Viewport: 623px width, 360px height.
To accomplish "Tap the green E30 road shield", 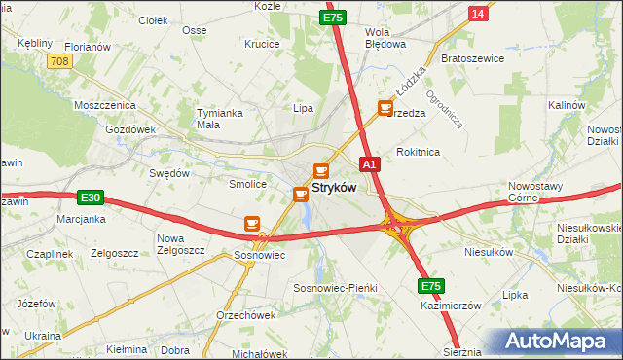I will (x=91, y=198).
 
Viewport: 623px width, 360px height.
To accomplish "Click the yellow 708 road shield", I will (x=59, y=61).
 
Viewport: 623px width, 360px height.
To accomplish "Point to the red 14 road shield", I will (x=477, y=13).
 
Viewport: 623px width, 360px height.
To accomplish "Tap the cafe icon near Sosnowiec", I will (x=252, y=224).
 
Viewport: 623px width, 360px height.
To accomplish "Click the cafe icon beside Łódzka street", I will (x=385, y=108).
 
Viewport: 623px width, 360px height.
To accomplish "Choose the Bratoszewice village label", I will (x=471, y=57).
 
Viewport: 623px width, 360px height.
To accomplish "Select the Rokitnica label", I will (x=420, y=152).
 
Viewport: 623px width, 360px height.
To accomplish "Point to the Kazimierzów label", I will (x=452, y=305).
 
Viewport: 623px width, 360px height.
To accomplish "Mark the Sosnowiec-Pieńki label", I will (x=335, y=289).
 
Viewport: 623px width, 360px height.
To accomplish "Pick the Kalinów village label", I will (x=566, y=104).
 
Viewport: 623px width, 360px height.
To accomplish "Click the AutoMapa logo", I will (x=562, y=341).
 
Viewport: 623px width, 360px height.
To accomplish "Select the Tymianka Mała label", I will (x=219, y=118).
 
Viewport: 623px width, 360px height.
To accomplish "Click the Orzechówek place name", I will (x=246, y=314).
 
